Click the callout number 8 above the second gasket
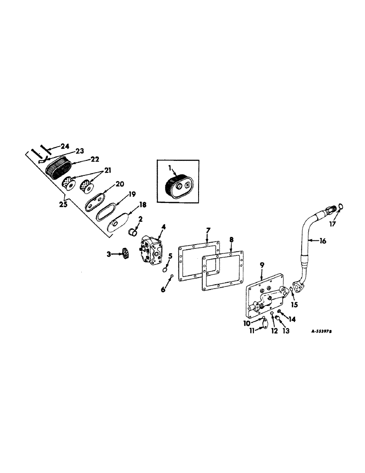(x=231, y=240)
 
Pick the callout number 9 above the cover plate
(x=262, y=267)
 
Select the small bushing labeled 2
(x=134, y=232)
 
